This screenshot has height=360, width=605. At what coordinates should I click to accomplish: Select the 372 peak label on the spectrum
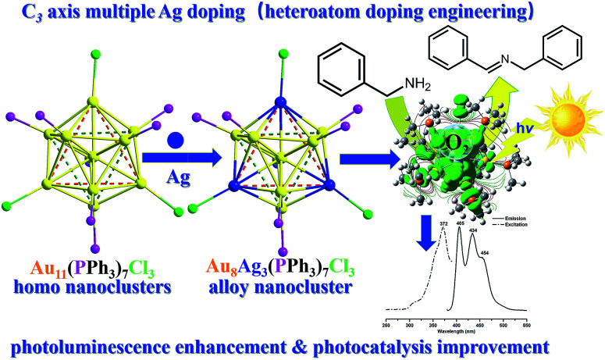pos(443,225)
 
